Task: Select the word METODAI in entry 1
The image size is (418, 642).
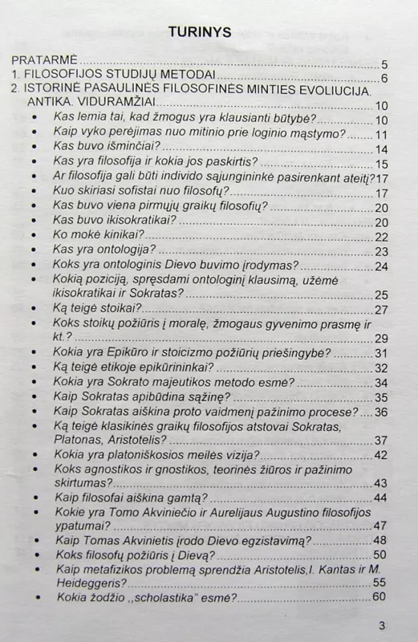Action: pos(185,78)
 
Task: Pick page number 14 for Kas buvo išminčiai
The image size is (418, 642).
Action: pos(381,148)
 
